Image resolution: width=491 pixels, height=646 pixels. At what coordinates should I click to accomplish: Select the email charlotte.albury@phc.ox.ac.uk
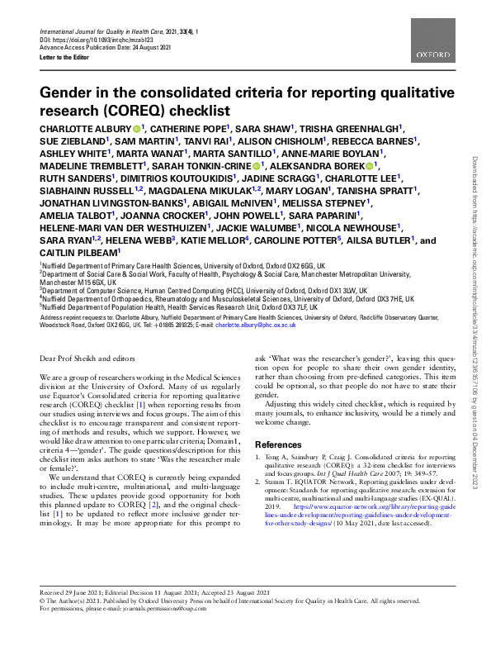(x=257, y=325)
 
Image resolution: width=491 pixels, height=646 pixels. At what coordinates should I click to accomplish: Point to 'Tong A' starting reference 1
(x=278, y=458)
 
